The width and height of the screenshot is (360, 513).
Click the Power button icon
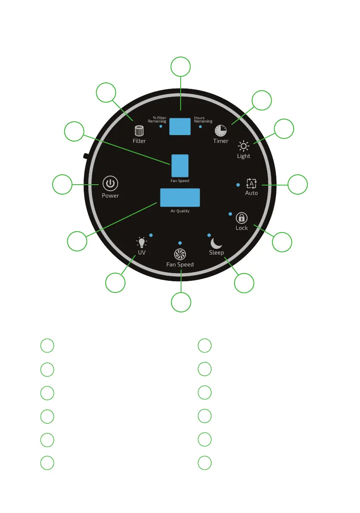110,184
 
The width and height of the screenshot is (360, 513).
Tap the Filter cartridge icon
139,130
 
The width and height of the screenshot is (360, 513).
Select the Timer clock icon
220,130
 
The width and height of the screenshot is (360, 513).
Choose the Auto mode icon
251,183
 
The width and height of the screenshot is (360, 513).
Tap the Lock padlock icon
241,218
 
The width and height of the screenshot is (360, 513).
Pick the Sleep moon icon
216,243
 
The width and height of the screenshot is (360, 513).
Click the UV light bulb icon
141,242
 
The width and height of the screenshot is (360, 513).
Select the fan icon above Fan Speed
180,254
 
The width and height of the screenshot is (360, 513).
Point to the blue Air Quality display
180,198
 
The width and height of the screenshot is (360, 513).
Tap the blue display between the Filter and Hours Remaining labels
180,126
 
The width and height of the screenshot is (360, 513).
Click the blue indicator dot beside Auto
238,185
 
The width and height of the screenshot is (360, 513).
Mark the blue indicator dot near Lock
230,214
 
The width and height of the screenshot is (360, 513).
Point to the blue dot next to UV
150,235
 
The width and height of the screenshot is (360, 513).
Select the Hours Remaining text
203,120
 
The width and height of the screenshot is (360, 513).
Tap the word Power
110,195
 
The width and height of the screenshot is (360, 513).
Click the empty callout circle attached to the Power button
62,185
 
